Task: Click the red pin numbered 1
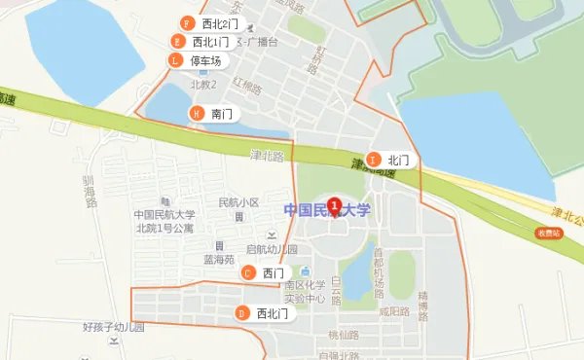335,206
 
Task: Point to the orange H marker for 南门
198,114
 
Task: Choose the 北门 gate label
398,160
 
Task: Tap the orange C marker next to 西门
248,273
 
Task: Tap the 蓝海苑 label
219,260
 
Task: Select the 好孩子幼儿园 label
113,328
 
